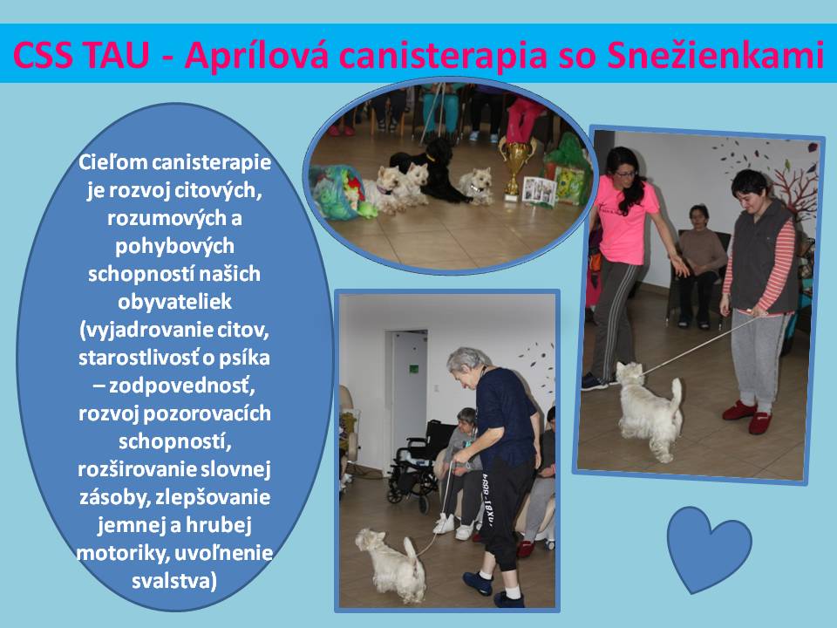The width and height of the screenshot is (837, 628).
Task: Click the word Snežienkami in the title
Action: tap(715, 54)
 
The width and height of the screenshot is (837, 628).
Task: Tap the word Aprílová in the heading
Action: tap(256, 55)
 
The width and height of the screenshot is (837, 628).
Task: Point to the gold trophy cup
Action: tap(515, 167)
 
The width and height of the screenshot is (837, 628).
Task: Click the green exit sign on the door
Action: tap(414, 369)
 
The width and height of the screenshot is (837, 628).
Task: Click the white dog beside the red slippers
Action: tap(649, 408)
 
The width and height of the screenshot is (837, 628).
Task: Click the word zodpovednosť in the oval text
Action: tap(181, 386)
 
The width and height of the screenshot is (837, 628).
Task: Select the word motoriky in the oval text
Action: tap(121, 553)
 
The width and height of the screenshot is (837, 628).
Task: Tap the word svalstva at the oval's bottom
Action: tap(174, 581)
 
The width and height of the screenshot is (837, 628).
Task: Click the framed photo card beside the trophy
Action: tap(539, 189)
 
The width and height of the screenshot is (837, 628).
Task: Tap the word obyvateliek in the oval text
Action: tap(174, 302)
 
